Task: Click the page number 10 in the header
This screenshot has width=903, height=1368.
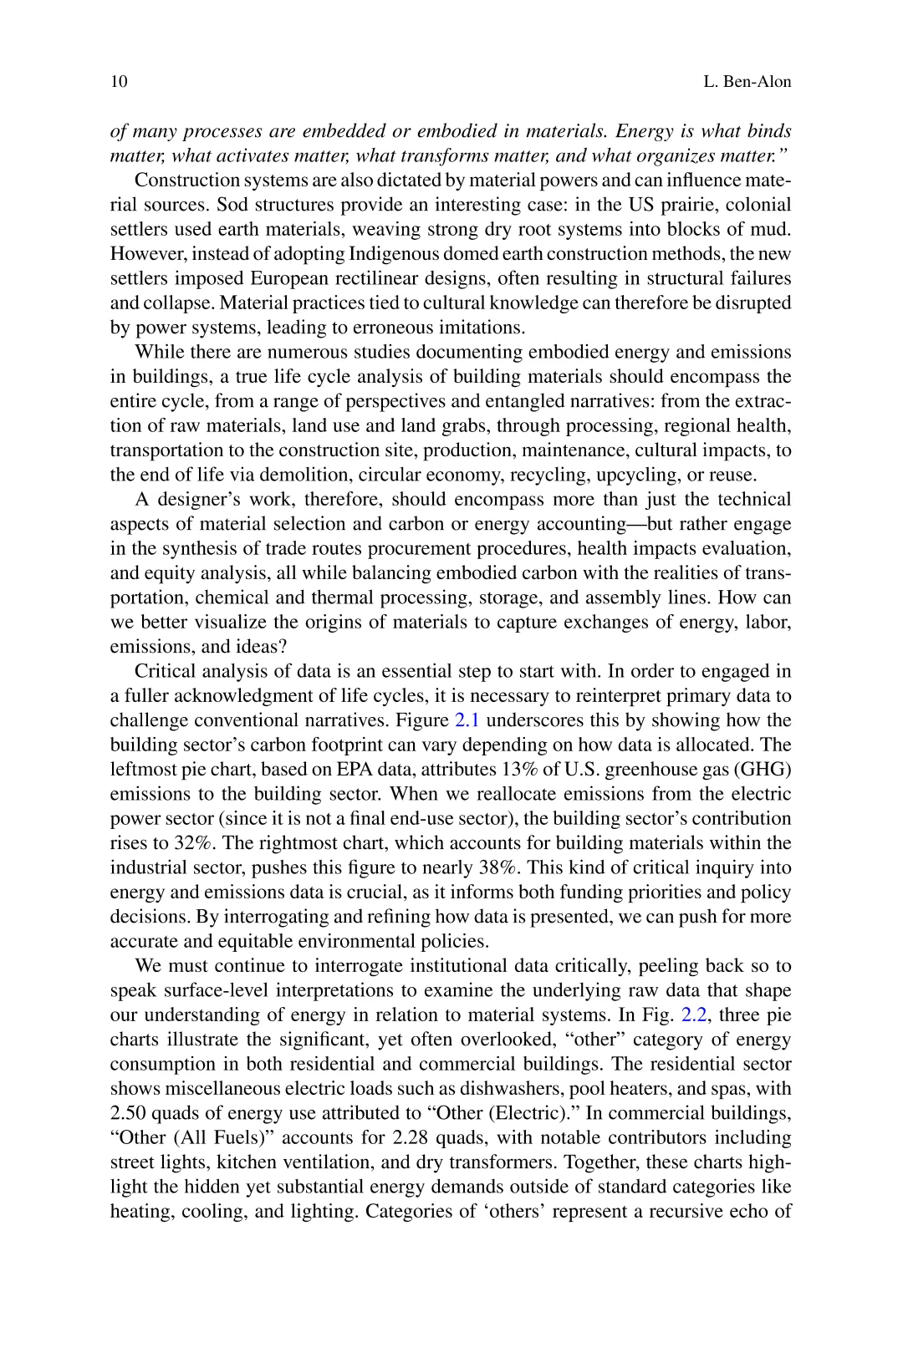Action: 119,82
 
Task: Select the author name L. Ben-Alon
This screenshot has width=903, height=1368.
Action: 747,82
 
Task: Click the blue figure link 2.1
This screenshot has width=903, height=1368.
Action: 466,720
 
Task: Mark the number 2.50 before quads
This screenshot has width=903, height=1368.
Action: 130,1113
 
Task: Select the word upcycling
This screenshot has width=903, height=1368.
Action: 615,475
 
